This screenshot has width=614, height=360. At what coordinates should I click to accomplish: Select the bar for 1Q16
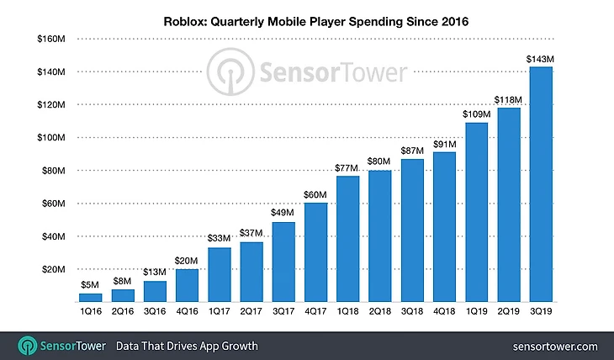(91, 297)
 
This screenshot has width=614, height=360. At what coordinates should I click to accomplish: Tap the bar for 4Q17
(315, 252)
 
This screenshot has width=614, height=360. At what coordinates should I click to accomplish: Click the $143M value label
(540, 59)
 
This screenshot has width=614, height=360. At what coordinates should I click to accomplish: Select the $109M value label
(476, 114)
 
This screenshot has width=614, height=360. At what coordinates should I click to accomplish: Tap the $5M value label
(91, 285)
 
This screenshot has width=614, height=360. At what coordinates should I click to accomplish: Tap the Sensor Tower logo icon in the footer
(26, 346)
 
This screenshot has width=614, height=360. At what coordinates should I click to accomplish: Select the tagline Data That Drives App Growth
(187, 346)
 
